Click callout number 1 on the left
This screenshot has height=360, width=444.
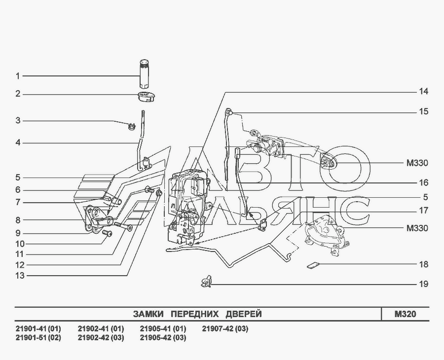coord(18,76)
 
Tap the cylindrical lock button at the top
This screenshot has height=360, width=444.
coord(145,73)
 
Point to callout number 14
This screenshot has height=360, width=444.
coord(424,91)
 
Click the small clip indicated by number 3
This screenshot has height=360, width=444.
coord(131,126)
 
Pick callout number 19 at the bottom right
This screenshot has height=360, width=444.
coord(424,284)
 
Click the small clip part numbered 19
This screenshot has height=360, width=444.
coord(206,281)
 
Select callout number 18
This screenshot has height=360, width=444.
coord(424,264)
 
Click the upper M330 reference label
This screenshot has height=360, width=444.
coord(417,163)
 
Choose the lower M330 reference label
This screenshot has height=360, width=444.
coord(417,228)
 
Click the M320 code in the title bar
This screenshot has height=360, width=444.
coord(405,314)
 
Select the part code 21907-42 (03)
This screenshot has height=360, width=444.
coord(225,329)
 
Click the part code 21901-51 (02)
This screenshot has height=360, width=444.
coord(38,338)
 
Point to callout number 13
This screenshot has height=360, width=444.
coord(20,275)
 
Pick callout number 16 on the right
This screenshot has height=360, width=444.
coord(424,182)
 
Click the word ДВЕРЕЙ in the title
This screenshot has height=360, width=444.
coord(244,314)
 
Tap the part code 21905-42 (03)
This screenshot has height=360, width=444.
coord(163,338)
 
